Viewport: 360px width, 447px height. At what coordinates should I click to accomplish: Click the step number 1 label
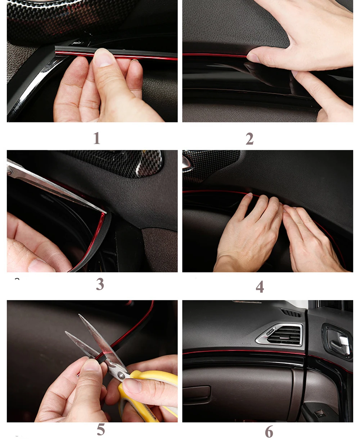[97, 138]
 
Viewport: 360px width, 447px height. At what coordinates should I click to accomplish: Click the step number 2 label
[249, 139]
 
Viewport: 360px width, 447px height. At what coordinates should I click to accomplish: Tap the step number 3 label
[100, 284]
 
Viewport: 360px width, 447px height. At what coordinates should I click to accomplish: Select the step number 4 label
[260, 287]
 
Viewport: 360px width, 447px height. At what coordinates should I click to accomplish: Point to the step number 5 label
[101, 430]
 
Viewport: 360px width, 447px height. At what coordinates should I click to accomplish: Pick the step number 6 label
[269, 432]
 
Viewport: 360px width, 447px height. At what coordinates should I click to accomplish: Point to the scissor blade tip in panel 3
[106, 213]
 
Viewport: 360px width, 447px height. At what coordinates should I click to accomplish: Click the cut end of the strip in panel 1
[56, 50]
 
